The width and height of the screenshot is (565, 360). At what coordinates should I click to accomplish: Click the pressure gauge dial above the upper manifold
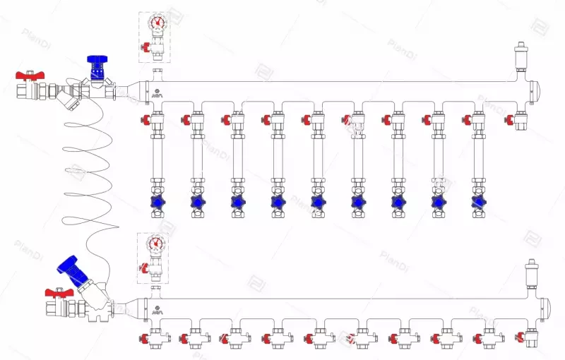(157, 22)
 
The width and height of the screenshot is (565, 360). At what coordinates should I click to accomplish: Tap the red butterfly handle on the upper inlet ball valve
(28, 75)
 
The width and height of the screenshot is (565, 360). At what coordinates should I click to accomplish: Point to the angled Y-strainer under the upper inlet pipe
(69, 100)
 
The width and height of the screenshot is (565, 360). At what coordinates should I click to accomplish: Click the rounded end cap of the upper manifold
(533, 90)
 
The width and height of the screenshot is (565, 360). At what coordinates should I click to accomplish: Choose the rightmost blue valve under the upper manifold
(478, 203)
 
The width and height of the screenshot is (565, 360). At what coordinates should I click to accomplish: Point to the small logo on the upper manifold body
(156, 94)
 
